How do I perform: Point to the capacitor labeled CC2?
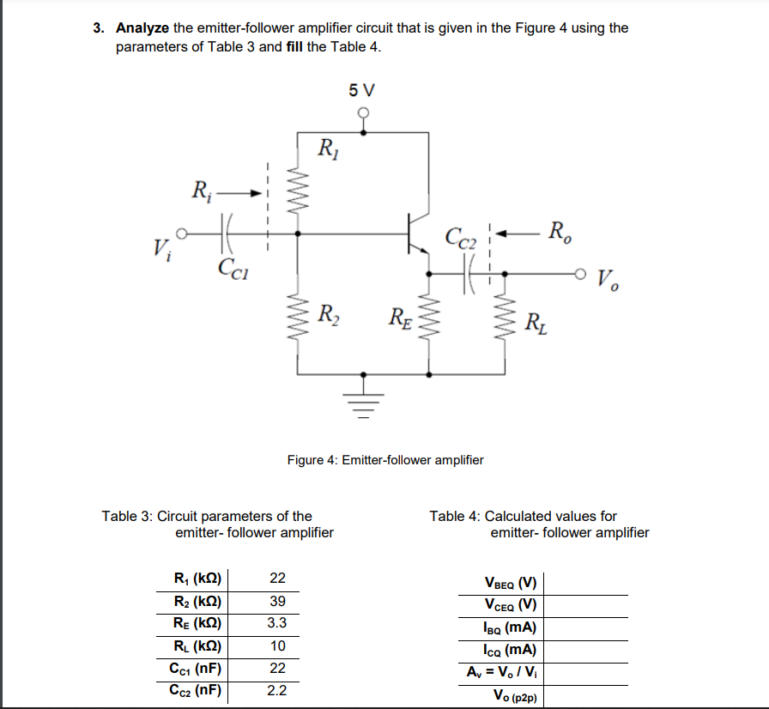470,275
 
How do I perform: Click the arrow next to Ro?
518,232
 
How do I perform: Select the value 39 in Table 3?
277,600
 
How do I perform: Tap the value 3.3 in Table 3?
277,622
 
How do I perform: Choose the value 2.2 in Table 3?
277,690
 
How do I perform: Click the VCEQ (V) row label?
511,605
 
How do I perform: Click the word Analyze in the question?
142,27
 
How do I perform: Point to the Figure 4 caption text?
385,460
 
